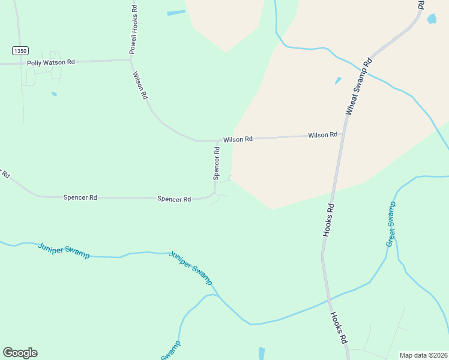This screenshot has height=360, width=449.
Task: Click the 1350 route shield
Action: [x=20, y=51]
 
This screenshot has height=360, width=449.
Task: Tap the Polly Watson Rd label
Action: [x=51, y=62]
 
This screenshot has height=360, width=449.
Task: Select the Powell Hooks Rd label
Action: [x=133, y=30]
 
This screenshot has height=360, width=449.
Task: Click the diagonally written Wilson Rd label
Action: [x=140, y=85]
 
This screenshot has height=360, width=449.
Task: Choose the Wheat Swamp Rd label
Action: [x=360, y=86]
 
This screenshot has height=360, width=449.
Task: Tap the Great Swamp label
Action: [x=391, y=224]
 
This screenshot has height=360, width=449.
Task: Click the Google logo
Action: [x=20, y=353]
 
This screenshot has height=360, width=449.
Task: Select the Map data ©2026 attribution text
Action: [x=423, y=355]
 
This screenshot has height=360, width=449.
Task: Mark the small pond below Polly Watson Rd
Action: [x=54, y=94]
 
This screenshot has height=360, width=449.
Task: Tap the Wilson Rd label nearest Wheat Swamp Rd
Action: [x=323, y=136]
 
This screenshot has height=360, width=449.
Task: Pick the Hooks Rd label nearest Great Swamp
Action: [x=329, y=220]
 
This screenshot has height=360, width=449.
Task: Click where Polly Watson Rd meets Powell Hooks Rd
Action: [x=131, y=60]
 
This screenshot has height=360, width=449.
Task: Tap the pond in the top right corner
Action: [x=432, y=19]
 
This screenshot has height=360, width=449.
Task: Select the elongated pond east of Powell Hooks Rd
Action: [x=176, y=13]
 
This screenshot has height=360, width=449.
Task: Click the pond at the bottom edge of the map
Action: [x=261, y=353]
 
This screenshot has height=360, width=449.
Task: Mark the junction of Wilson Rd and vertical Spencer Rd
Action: [x=218, y=141]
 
